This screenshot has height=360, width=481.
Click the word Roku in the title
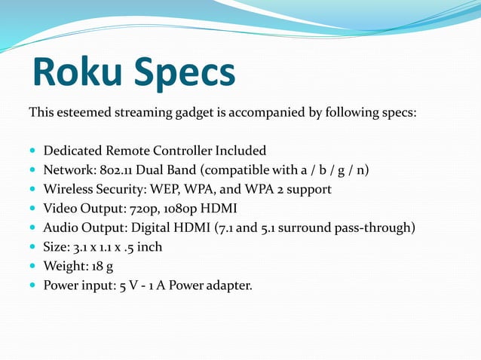pyautogui.click(x=75, y=74)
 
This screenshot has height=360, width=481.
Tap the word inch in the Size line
pyautogui.click(x=149, y=246)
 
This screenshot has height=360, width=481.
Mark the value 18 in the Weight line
pyautogui.click(x=97, y=266)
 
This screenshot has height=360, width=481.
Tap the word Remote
pyautogui.click(x=135, y=151)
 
